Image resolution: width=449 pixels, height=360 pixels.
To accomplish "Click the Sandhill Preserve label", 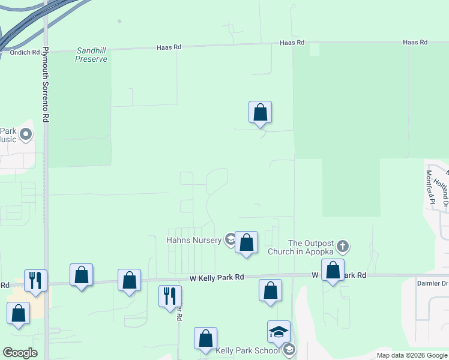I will click(91, 55).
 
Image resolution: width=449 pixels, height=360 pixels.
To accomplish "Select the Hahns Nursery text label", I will click(194, 240).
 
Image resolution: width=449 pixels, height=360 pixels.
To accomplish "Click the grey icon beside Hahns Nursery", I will click(230, 240).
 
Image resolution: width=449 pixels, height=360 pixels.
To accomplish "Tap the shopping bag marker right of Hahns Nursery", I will click(246, 243).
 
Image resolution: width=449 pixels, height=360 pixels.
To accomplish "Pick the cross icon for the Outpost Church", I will click(343, 246).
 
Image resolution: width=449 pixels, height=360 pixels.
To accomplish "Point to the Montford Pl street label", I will click(429, 186).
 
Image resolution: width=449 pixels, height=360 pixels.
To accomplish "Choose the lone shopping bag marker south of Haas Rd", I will click(261, 112).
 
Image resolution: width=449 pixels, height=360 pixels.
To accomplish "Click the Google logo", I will click(20, 353).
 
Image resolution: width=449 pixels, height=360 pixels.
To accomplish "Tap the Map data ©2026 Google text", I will click(411, 355).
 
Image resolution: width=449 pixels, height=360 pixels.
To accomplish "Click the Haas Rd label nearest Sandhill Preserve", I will click(169, 47).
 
